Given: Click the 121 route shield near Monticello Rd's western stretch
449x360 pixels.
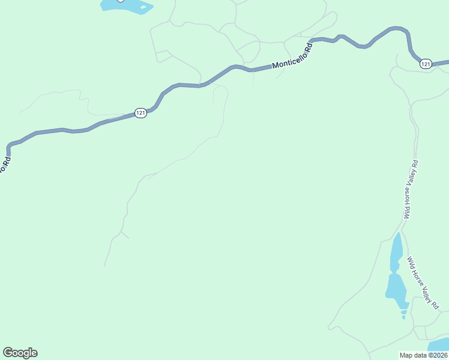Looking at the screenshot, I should point(140,113).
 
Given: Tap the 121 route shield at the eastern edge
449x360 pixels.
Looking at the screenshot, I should point(426,64).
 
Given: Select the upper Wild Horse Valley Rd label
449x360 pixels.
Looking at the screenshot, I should point(411,190).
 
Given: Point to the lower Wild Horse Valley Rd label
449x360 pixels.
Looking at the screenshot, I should point(423,283).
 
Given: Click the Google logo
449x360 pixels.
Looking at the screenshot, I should point(20,353).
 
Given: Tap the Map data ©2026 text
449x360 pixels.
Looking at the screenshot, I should point(423,355).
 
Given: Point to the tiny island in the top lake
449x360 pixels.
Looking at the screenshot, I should point(143,7).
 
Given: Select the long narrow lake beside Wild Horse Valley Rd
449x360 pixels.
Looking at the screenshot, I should point(396,252).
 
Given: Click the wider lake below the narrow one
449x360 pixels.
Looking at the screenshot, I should point(396,287).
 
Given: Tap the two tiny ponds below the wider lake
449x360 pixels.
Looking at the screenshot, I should point(403,313).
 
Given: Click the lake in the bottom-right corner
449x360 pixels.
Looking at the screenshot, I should point(439,346).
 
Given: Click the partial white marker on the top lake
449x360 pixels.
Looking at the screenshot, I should point(120,1).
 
